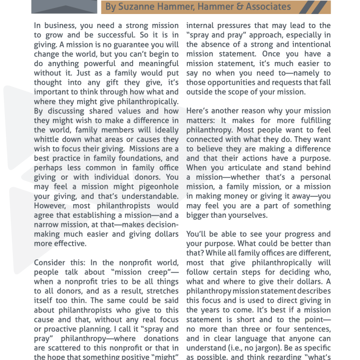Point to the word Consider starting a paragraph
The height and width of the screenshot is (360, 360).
(51, 262)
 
